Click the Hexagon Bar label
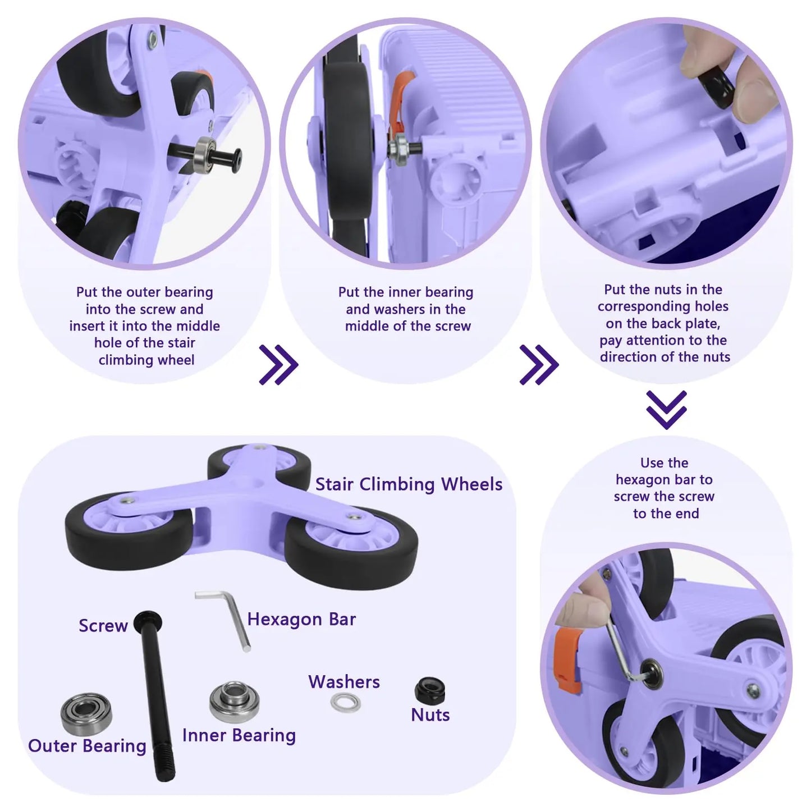301,619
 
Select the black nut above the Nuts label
429,690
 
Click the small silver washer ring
346,703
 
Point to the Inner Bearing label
239,735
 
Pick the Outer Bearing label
87,745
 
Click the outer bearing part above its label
86,714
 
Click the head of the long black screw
148,622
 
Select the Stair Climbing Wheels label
409,484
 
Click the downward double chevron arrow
666,410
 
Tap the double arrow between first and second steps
278,364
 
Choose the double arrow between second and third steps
539,364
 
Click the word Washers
344,682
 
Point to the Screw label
103,625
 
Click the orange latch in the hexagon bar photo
569,661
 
